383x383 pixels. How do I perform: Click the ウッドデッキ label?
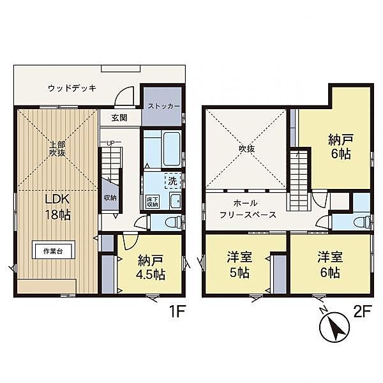tap(72, 88)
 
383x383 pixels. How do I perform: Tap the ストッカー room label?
tap(164, 107)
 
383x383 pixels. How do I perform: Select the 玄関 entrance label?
tap(119, 118)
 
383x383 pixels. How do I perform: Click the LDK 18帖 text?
tap(57, 206)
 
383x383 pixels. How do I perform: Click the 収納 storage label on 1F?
tap(110, 197)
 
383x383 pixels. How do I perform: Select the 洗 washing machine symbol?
tap(172, 181)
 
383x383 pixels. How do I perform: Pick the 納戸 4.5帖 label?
tap(151, 267)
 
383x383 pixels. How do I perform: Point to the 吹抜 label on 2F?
tap(246, 146)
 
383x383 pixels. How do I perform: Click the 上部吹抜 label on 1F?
tap(57, 149)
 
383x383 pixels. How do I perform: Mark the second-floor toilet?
tap(361, 222)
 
